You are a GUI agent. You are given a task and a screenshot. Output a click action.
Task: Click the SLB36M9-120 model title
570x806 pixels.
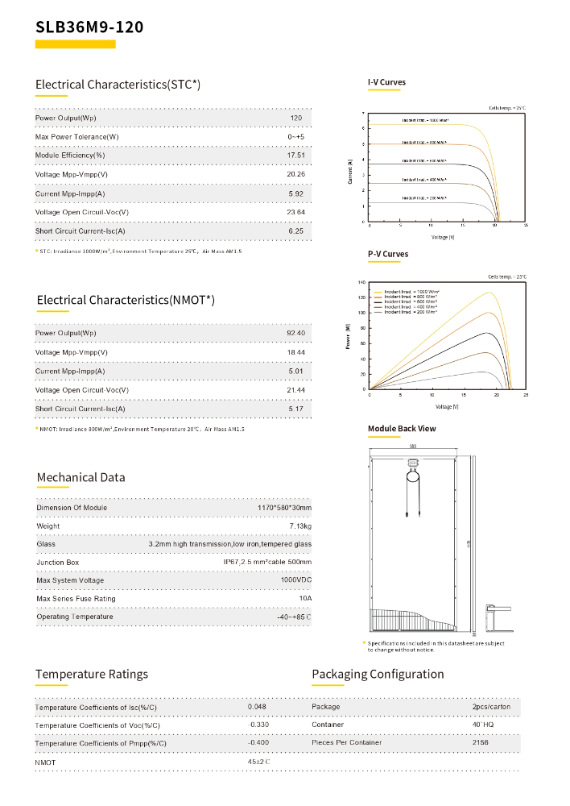89,27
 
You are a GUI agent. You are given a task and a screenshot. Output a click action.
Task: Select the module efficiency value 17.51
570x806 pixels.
296,155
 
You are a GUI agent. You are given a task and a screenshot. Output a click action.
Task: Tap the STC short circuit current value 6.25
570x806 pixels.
296,231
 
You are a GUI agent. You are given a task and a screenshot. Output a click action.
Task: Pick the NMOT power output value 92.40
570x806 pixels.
296,333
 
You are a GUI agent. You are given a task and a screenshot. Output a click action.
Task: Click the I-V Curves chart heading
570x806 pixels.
386,82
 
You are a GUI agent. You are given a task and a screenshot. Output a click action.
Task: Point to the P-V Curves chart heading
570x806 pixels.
388,254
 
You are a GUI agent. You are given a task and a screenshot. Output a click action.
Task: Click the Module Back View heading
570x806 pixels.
402,428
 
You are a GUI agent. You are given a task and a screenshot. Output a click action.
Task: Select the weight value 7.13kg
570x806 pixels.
299,526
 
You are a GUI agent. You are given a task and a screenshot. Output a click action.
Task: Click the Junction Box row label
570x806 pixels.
58,563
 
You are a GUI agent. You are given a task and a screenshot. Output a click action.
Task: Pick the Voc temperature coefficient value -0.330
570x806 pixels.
258,725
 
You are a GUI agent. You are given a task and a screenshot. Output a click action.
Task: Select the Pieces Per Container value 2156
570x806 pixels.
481,742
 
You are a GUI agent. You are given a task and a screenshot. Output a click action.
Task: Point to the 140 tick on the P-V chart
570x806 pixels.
361,283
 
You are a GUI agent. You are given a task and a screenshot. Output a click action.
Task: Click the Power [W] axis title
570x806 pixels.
348,336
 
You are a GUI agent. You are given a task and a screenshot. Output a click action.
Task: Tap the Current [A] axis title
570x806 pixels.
350,171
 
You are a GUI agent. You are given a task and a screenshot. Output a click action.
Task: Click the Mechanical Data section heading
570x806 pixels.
81,477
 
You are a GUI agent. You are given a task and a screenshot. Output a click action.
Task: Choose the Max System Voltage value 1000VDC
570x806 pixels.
295,580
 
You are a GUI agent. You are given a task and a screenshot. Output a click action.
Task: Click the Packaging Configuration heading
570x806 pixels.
377,674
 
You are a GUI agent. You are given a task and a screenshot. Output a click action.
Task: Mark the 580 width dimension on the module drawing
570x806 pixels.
412,446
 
